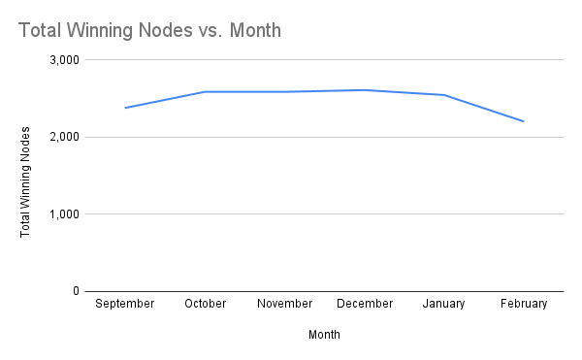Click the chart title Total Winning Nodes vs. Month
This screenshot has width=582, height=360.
pos(149,30)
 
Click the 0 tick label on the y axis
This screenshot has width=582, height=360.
pos(75,290)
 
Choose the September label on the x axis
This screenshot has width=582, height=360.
pos(125,304)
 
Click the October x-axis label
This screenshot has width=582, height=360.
pos(205,304)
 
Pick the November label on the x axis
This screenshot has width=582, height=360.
pos(285,304)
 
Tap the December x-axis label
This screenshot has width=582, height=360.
pos(365,304)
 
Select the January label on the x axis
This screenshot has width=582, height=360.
pos(444,304)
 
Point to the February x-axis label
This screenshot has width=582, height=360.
pos(524,304)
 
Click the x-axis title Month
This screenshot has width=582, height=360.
pos(324,335)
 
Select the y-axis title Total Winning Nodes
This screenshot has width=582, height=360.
pos(26,181)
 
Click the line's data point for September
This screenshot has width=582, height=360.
pos(125,108)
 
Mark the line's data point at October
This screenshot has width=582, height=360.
pos(205,92)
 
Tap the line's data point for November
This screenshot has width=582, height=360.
pos(285,92)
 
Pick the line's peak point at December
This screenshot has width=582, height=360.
pos(365,90)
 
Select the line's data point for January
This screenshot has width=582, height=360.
pos(444,95)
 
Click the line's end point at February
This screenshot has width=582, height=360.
pos(524,121)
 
